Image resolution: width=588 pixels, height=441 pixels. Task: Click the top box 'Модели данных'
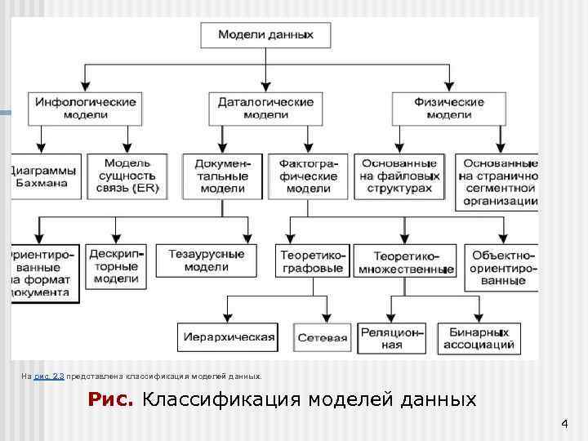[x=265, y=35]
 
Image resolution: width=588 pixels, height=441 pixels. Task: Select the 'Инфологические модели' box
[x=86, y=109]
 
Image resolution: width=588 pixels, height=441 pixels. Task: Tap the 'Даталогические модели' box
[x=265, y=109]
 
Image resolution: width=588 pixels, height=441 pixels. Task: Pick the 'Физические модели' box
[x=448, y=109]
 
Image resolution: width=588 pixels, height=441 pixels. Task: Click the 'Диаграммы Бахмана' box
[x=46, y=176]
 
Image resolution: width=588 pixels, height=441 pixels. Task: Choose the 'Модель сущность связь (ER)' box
[x=127, y=176]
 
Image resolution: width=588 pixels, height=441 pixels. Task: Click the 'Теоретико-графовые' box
[x=313, y=261]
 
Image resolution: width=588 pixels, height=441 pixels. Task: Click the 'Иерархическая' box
[x=227, y=336]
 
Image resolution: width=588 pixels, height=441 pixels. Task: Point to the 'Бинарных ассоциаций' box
[x=479, y=338]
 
